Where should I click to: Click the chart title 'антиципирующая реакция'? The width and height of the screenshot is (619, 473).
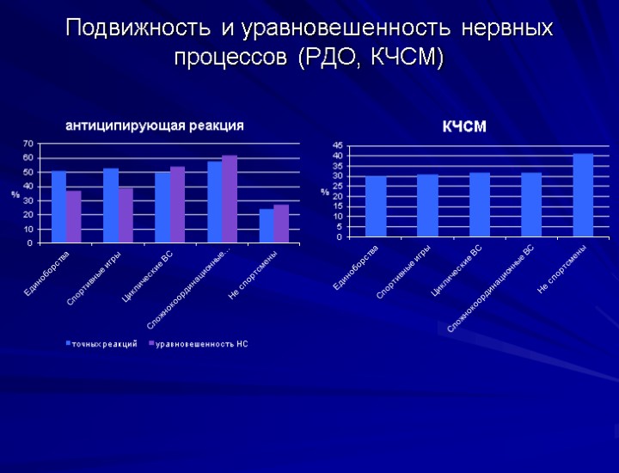[x=155, y=126]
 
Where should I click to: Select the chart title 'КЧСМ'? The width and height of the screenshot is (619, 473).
[x=464, y=127]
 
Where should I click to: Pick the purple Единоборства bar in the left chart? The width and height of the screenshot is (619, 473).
[x=74, y=217]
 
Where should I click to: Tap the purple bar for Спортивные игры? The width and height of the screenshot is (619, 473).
[x=126, y=215]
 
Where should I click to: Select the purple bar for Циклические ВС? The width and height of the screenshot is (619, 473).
[x=177, y=205]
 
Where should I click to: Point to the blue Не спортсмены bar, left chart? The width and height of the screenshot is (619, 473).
[x=267, y=225]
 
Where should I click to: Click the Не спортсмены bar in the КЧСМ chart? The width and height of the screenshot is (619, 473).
[x=583, y=195]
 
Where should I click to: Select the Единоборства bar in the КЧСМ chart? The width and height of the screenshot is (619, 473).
[x=376, y=206]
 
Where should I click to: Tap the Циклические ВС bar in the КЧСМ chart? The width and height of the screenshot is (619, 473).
[x=480, y=205]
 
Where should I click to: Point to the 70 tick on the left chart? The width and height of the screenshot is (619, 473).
[x=28, y=143]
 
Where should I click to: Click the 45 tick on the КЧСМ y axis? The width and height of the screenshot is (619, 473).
[x=337, y=145]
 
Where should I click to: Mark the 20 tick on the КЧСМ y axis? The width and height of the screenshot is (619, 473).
[x=337, y=196]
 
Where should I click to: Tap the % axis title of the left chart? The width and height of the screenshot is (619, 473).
[x=15, y=194]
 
